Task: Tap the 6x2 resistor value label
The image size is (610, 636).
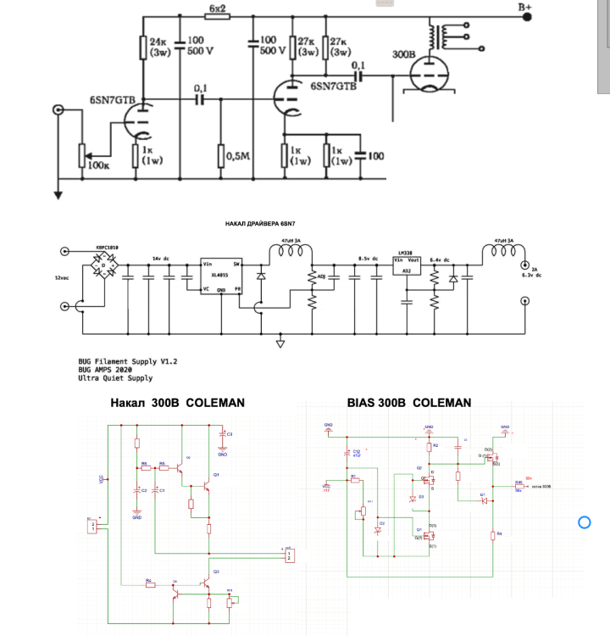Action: coord(217,8)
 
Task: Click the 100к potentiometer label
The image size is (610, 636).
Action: coord(99,165)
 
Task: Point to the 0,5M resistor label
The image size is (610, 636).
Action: coord(239,155)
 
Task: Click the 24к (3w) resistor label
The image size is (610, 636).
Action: coord(159,47)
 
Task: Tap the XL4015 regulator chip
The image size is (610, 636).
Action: coord(216,276)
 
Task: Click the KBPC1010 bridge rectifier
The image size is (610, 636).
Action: coord(106,265)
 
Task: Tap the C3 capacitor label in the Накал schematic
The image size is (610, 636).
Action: coord(230,433)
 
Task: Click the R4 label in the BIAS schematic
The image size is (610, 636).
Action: coord(499,533)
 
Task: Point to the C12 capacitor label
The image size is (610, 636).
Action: coord(357,452)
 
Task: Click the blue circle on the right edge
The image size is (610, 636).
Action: coord(584,522)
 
